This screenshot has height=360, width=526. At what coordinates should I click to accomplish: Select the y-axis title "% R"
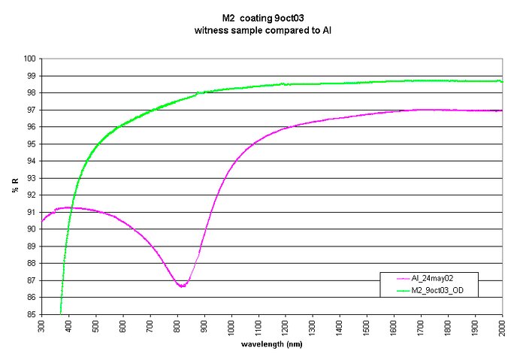click(x=14, y=186)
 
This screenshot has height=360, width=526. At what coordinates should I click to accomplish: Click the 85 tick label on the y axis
click(x=32, y=314)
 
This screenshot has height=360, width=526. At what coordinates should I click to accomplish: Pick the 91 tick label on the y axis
click(x=32, y=212)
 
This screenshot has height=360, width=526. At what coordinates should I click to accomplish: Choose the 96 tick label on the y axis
click(x=32, y=127)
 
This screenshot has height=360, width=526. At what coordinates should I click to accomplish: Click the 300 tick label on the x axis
click(x=42, y=328)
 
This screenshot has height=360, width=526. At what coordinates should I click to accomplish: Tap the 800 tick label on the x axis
click(x=177, y=328)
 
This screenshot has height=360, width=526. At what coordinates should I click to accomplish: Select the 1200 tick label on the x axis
click(x=286, y=329)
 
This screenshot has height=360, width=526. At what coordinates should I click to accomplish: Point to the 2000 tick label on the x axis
click(x=502, y=329)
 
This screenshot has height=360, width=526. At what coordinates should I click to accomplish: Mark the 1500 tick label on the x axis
click(x=367, y=329)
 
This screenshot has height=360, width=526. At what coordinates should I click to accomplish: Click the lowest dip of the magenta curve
click(x=181, y=286)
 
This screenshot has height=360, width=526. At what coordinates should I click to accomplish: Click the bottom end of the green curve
click(x=60, y=313)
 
